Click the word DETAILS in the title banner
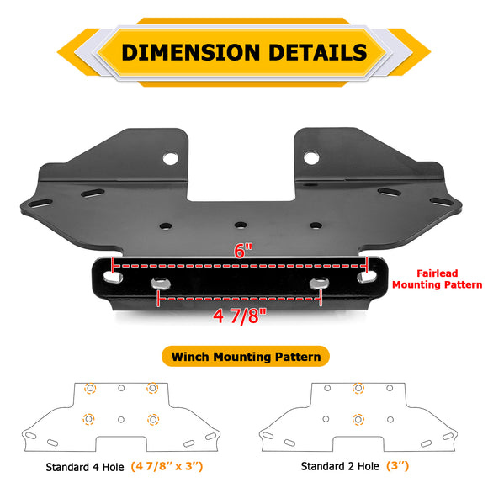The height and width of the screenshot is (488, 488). coord(317,52)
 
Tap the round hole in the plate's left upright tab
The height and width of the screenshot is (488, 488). coord(171,157)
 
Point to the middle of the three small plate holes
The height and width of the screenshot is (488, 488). coord(241,225)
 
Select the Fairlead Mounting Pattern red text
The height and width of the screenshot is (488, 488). coord(449,279)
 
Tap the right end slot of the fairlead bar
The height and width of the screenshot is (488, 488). coord(368,274)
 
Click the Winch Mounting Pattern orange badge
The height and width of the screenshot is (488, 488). coord(246,357)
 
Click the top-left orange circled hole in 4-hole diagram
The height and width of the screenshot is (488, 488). coord(89,388)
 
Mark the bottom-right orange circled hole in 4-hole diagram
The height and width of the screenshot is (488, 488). coord(152,419)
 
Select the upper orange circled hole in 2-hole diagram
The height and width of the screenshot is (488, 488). coord(358,388)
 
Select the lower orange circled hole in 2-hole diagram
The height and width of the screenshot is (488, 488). coord(358,419)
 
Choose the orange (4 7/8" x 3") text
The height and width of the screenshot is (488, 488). coord(167,465)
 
